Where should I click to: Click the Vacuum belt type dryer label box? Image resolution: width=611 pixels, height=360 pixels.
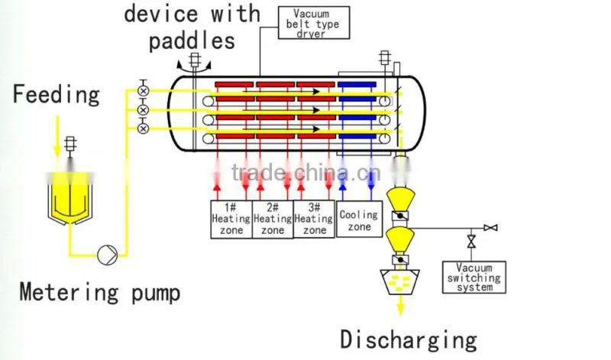[314, 23]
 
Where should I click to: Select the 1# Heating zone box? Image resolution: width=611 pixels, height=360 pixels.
[231, 219]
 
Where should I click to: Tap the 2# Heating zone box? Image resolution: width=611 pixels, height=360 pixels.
[273, 219]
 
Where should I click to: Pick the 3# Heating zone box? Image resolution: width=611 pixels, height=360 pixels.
[314, 219]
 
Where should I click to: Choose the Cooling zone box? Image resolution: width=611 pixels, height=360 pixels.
[359, 219]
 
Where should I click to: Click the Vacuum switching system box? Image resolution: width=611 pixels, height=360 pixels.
[474, 277]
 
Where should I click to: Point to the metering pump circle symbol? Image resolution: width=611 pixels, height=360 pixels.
[107, 255]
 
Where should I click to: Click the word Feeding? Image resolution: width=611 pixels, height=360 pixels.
[57, 95]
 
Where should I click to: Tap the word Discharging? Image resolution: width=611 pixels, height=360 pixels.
[409, 339]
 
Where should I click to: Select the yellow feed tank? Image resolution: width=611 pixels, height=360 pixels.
[70, 199]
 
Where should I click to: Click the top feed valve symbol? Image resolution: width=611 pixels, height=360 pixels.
[144, 90]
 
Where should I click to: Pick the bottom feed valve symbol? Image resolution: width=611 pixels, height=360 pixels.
[144, 128]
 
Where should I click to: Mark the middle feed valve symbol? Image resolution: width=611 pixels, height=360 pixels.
[144, 109]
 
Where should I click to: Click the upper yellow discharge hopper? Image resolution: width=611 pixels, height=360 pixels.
[400, 199]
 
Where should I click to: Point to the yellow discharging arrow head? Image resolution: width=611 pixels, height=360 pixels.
[400, 310]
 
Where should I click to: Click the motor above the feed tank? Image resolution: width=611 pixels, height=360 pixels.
[70, 144]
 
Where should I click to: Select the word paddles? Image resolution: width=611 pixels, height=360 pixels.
[192, 41]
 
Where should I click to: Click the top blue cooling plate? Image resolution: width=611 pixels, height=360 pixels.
[357, 85]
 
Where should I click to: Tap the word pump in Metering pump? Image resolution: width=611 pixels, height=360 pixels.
[156, 294]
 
